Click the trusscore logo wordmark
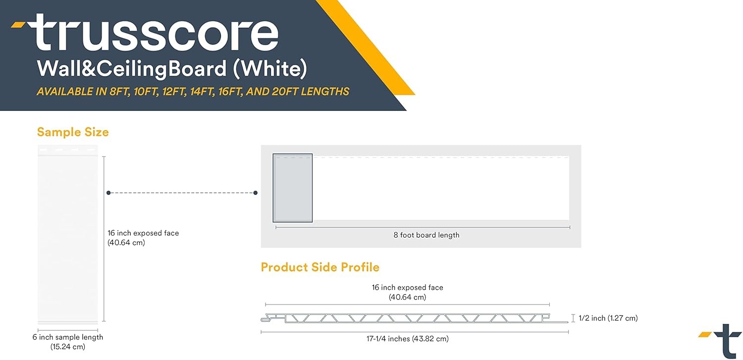pyautogui.click(x=156, y=33)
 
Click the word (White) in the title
pyautogui.click(x=270, y=69)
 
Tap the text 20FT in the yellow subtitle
pyautogui.click(x=285, y=92)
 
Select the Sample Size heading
pyautogui.click(x=73, y=132)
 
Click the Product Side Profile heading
pyautogui.click(x=320, y=267)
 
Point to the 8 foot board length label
pyautogui.click(x=426, y=235)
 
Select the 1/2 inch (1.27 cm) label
pyautogui.click(x=608, y=318)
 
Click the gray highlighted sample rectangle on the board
pyautogui.click(x=293, y=188)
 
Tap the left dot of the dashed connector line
pyautogui.click(x=108, y=193)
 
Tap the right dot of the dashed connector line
pyautogui.click(x=256, y=193)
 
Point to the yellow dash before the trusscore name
pyautogui.click(x=18, y=23)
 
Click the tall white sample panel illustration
pyautogui.click(x=68, y=235)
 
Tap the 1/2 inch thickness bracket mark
pyautogui.click(x=573, y=318)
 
